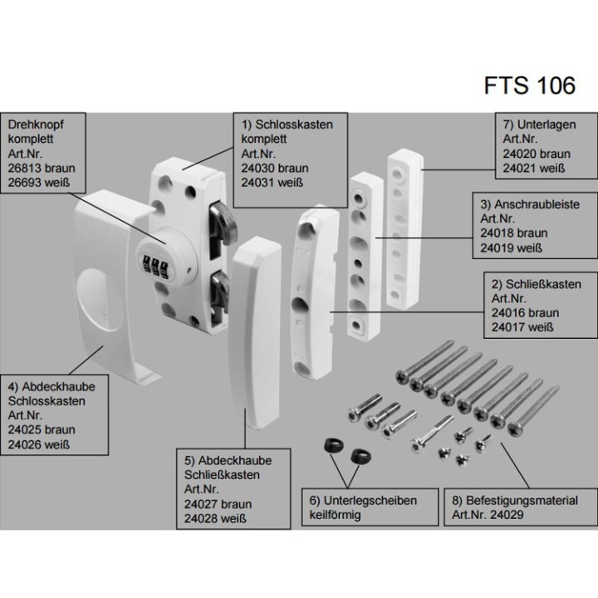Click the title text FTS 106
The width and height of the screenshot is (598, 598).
(x=527, y=87)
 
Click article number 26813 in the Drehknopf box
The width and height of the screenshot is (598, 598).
(x=24, y=169)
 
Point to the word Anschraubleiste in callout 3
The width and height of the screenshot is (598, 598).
(x=540, y=203)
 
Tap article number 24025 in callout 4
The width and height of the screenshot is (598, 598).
(x=27, y=429)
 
